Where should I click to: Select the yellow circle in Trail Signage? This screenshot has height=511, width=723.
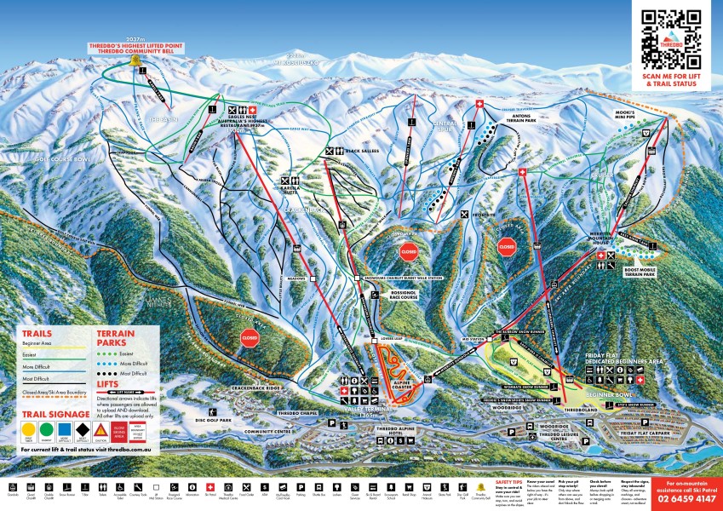coord(30,429)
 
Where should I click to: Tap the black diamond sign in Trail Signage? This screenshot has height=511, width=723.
coord(83,429)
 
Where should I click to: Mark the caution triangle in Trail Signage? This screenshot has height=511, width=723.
coord(101,429)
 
